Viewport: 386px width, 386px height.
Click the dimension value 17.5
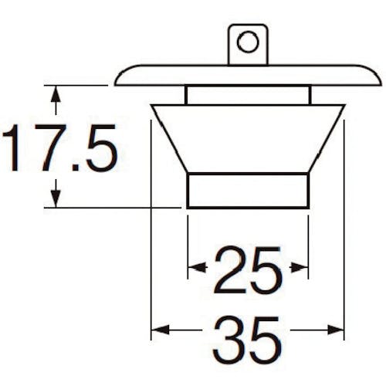pos(59,147)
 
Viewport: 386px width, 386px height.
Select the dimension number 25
pos(248,269)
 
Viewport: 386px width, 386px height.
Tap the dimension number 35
pos(247,340)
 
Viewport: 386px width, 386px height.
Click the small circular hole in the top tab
pos(248,42)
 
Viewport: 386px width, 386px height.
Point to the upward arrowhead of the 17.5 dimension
pos(56,94)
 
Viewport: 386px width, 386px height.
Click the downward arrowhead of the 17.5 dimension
pos(56,198)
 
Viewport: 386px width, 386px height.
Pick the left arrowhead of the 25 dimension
pos(197,268)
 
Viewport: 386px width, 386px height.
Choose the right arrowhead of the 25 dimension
pos(300,268)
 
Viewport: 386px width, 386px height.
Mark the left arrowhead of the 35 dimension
pos(160,330)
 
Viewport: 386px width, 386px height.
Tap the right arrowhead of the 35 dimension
pos(336,330)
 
